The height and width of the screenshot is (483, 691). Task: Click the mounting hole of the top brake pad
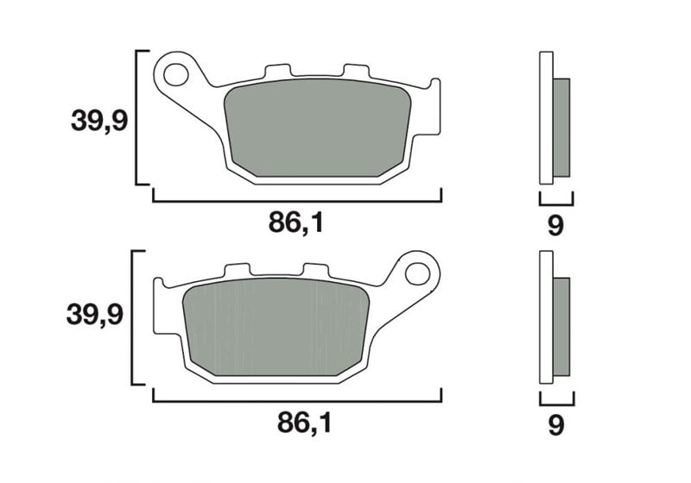[176, 74]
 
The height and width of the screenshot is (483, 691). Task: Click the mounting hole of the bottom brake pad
[417, 273]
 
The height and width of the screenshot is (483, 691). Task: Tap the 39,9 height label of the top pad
[99, 121]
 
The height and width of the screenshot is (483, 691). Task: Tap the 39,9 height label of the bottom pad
[95, 315]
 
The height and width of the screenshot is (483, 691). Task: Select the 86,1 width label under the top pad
[295, 223]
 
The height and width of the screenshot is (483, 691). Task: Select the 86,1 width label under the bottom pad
[304, 423]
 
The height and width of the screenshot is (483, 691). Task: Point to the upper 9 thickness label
[555, 225]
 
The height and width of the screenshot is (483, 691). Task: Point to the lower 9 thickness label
[556, 425]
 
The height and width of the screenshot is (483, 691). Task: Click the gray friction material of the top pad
[317, 128]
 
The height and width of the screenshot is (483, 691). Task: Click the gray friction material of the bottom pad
[276, 327]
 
